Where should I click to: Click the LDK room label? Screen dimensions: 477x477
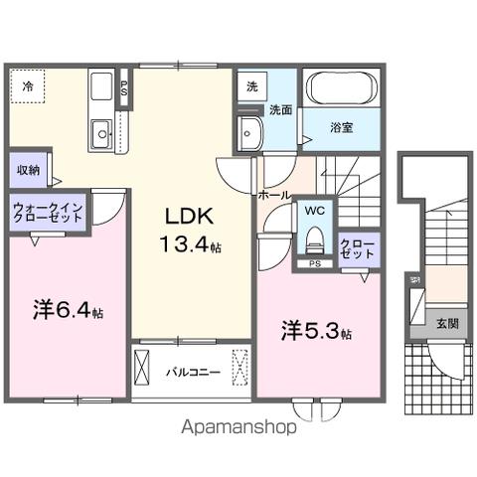click(184, 218)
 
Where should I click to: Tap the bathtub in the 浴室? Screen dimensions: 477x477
click(340, 87)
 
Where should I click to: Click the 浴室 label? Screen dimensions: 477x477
click(341, 127)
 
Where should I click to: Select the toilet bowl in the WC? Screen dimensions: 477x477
click(315, 239)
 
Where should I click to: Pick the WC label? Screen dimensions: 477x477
click(314, 212)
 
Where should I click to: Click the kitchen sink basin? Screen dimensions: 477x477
click(101, 132)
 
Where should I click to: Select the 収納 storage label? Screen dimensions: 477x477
click(28, 170)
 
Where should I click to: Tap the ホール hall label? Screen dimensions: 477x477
click(274, 195)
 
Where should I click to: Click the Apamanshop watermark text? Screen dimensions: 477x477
click(238, 428)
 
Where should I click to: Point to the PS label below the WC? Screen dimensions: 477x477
click(314, 263)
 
